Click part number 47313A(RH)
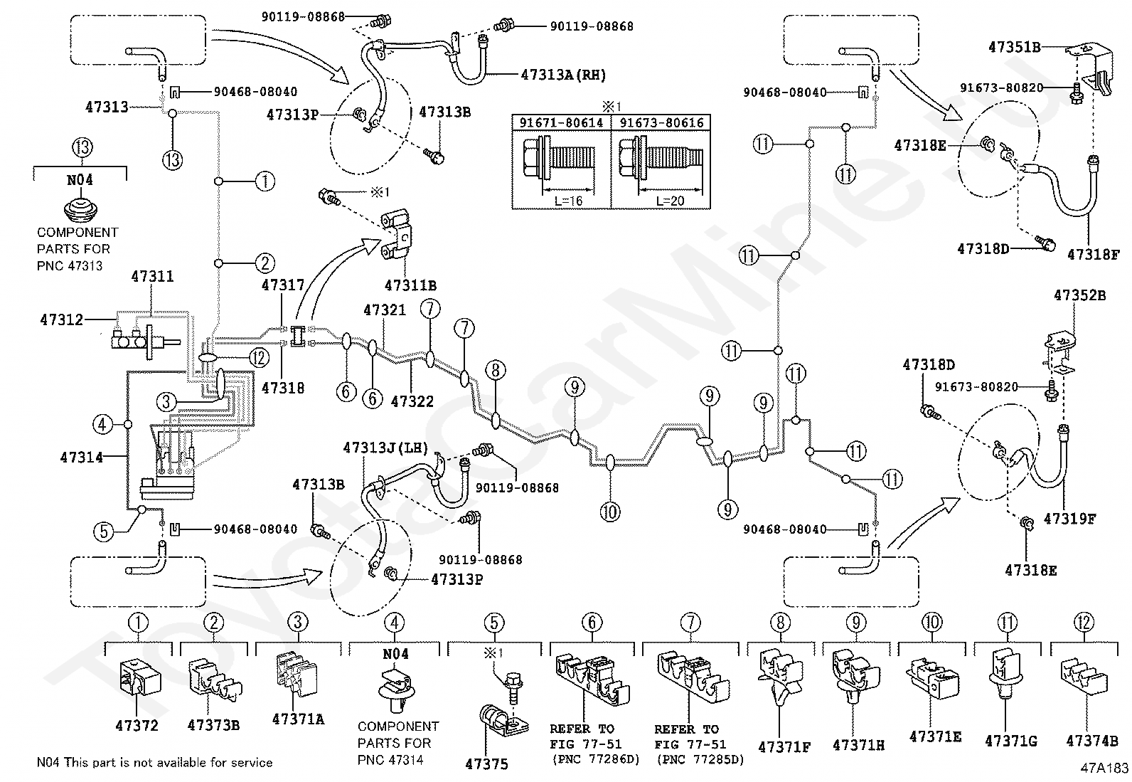click(563, 75)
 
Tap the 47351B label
click(1014, 47)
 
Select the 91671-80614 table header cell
click(561, 123)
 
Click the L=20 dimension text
click(670, 201)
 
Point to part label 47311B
click(410, 286)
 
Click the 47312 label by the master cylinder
click(61, 319)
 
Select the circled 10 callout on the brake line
click(610, 512)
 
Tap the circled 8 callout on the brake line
click(495, 370)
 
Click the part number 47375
click(486, 763)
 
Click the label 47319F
click(1069, 519)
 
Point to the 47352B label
click(1079, 295)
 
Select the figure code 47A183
click(1104, 768)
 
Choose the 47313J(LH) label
click(385, 448)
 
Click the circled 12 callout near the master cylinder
click(259, 358)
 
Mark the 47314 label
click(81, 458)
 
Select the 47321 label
click(385, 310)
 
